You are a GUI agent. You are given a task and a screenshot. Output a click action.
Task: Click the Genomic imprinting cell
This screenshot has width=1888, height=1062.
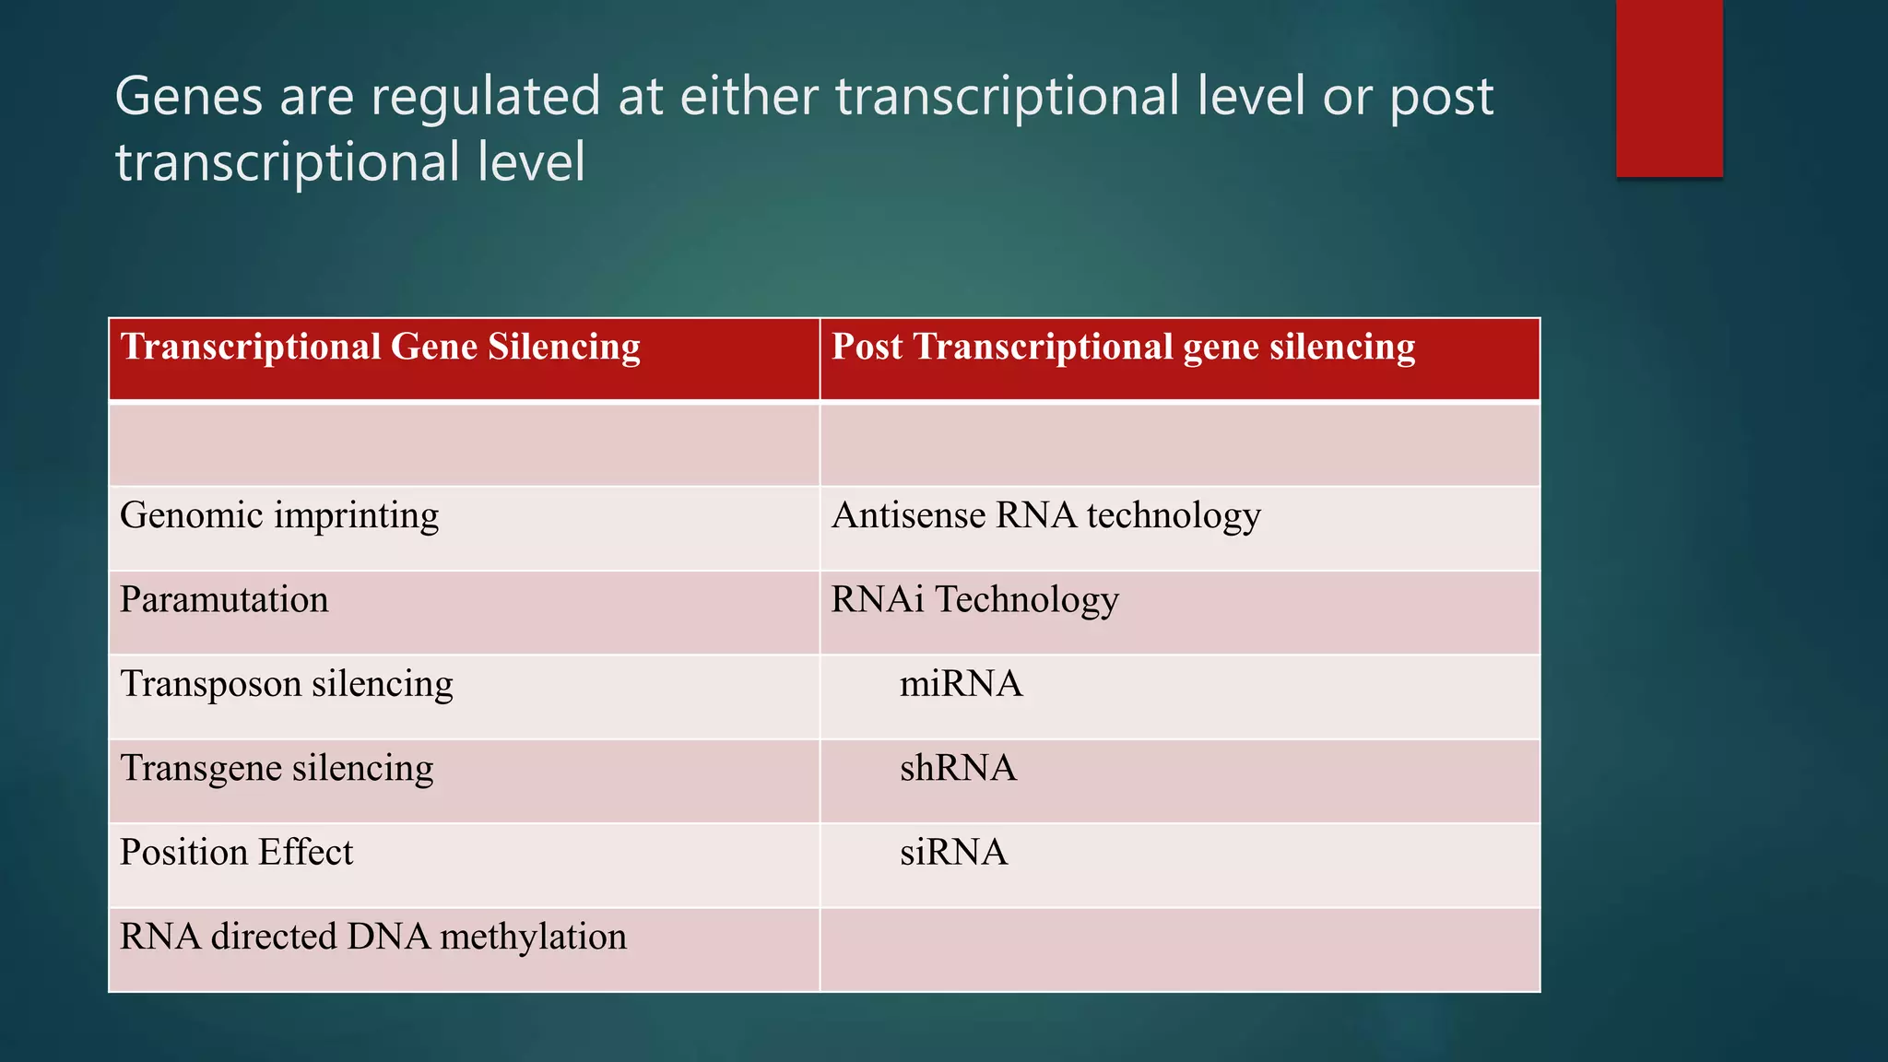279,516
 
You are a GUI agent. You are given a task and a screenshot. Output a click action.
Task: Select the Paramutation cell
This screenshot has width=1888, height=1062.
224,600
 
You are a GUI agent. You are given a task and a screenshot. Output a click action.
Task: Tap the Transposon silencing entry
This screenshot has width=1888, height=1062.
287,685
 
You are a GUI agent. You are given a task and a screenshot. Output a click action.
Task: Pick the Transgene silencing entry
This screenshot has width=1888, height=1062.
277,769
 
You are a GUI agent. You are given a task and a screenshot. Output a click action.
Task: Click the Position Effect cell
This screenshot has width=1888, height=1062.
236,853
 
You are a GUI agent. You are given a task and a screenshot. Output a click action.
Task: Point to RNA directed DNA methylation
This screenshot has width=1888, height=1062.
373,938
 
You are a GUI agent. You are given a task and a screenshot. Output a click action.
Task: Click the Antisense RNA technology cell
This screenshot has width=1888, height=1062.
1045,516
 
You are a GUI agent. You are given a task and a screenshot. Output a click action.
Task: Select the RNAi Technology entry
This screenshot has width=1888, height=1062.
974,600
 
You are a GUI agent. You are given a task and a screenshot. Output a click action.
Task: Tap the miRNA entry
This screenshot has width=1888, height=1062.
961,685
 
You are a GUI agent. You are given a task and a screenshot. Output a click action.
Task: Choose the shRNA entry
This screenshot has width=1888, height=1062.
958,769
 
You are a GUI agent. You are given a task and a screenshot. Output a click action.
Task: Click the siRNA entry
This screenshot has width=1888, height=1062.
953,853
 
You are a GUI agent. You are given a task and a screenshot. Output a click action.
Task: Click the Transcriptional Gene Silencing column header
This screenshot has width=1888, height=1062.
380,348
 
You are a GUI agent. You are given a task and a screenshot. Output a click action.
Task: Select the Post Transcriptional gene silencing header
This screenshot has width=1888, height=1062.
1123,348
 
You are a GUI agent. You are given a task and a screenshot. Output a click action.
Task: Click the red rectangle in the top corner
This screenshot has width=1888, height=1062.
1669,88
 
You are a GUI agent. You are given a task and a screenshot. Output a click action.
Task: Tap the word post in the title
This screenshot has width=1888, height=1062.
1441,98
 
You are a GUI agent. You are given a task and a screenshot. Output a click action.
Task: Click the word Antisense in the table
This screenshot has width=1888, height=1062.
908,516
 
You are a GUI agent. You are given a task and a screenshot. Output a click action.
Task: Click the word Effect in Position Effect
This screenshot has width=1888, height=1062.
305,853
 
